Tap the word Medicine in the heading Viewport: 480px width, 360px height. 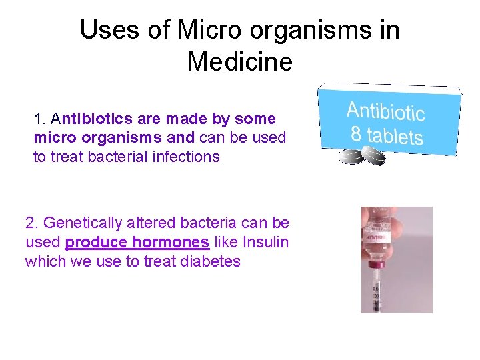240,62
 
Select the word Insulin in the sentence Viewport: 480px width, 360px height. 265,242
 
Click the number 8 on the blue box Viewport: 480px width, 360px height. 357,133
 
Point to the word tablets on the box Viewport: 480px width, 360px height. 395,135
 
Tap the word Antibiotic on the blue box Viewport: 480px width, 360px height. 385,113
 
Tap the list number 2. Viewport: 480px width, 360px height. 30,223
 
